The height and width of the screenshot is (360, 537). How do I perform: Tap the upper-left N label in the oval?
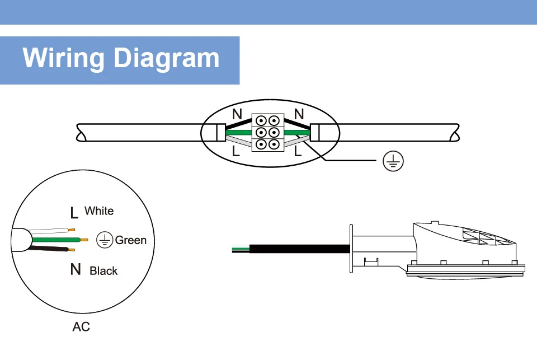point(237,115)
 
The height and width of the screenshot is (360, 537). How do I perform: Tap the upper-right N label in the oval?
point(298,114)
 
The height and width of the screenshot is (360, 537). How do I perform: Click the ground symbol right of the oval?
point(393,161)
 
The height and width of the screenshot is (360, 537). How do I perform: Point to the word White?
point(99,211)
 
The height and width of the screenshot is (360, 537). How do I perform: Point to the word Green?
point(131,240)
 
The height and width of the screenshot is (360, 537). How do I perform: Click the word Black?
point(103,271)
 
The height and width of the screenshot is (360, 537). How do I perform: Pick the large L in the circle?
point(74,213)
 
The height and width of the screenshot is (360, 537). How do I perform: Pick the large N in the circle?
point(76,270)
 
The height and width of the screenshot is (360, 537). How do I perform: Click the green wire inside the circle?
point(56,240)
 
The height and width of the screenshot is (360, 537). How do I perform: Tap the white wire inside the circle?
point(50,231)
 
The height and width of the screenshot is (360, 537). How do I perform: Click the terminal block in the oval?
point(266,132)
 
